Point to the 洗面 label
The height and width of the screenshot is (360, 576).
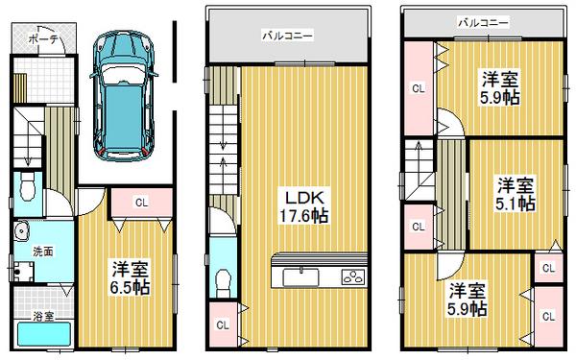click(30, 252)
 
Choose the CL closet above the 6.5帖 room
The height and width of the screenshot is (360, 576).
click(140, 202)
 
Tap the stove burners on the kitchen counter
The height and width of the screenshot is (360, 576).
click(352, 278)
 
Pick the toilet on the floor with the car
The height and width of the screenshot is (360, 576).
click(28, 186)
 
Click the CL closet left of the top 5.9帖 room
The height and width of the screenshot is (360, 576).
click(419, 89)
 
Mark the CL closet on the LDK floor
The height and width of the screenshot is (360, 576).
click(223, 325)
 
